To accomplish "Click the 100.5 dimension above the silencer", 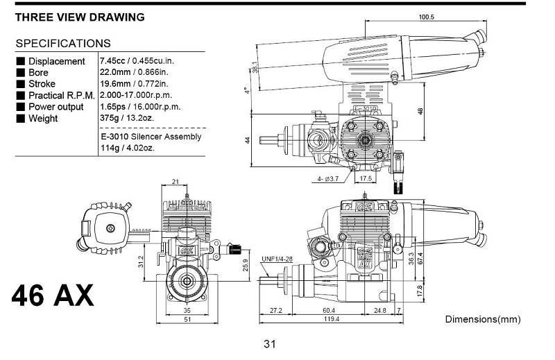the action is (426, 17).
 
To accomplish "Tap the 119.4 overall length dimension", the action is (332, 319).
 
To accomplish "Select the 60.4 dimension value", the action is (328, 311).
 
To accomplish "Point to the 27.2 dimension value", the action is (275, 311).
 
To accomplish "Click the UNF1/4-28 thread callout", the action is (277, 259).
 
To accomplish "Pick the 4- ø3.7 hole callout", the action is (327, 179).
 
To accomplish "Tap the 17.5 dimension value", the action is (366, 178).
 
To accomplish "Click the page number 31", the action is (269, 344).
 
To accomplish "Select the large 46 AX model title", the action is (53, 295).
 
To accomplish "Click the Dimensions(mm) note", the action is (483, 319).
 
